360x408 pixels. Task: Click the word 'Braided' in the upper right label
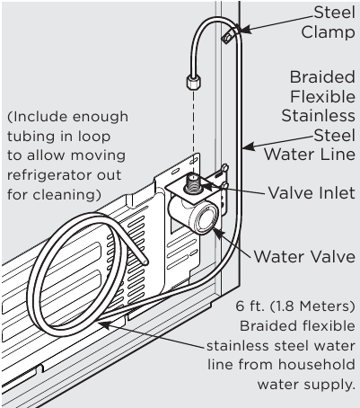[x=320, y=77]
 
